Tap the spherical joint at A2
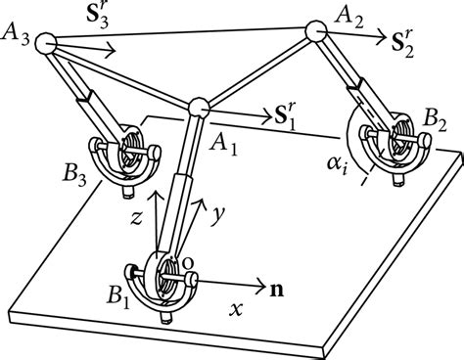pyautogui.click(x=316, y=32)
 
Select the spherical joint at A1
pyautogui.click(x=200, y=107)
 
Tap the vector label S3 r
pyautogui.click(x=96, y=18)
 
